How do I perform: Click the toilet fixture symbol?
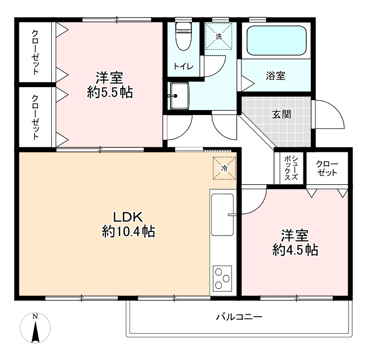[183, 36]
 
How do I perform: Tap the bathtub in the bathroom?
[276, 40]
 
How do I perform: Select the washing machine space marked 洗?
[219, 36]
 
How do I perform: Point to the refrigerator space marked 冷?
[224, 168]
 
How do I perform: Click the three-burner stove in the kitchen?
[222, 278]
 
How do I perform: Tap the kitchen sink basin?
[222, 215]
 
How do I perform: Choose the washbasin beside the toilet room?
[180, 96]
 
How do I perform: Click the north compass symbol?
[35, 328]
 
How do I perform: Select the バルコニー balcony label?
[239, 317]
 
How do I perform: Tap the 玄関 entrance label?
[281, 115]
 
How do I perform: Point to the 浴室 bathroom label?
[275, 76]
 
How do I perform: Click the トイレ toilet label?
[183, 67]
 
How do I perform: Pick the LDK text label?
[128, 217]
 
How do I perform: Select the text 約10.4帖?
[128, 232]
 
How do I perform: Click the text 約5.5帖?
[110, 92]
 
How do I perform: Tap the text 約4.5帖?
[295, 250]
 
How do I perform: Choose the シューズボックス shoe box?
[291, 168]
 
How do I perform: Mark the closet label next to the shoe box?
[327, 168]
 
